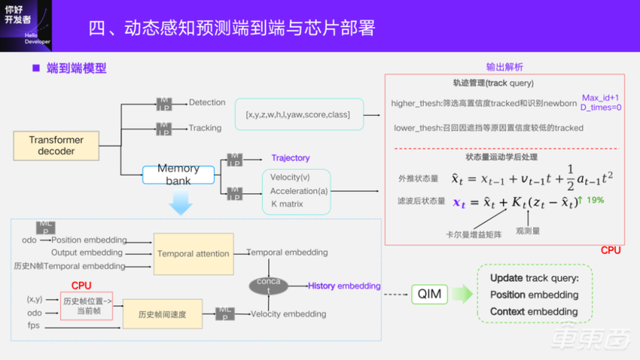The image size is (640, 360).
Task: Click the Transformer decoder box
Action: tap(56, 145)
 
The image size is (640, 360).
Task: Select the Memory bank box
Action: tap(178, 175)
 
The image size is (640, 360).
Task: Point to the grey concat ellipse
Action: tap(269, 286)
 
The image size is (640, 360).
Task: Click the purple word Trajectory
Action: tap(291, 158)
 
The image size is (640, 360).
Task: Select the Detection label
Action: tap(207, 102)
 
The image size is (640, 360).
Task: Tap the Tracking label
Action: tap(205, 128)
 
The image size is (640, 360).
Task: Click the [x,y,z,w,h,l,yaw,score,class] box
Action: tap(298, 114)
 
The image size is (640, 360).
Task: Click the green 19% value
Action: tap(594, 200)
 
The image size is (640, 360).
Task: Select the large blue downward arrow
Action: tap(181, 203)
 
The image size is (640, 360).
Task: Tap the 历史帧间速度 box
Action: tap(162, 313)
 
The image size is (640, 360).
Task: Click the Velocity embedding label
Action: tap(288, 314)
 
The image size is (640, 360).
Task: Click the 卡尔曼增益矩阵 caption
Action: tap(474, 234)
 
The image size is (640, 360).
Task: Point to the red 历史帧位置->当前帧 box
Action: tap(86, 306)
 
